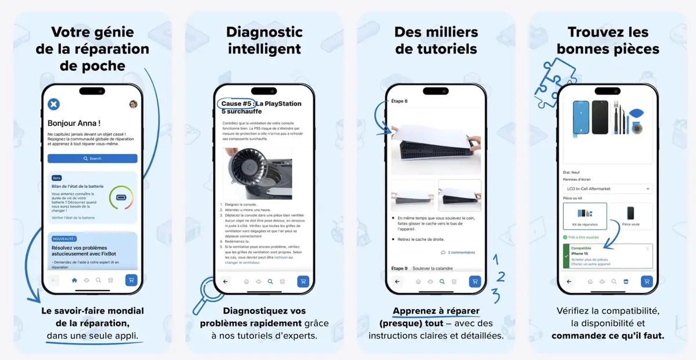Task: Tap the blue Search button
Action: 92,158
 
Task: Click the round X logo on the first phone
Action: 53,104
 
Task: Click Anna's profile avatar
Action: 133,104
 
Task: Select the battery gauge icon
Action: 121,198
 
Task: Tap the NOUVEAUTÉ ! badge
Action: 64,238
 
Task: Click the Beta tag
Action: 57,178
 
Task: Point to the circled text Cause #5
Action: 237,104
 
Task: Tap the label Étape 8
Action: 400,101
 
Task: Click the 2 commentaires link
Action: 458,252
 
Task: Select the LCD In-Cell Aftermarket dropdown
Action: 607,188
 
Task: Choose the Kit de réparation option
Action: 585,215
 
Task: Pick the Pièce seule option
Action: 630,215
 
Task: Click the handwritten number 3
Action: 496,296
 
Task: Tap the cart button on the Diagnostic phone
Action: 302,281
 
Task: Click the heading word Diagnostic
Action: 264,32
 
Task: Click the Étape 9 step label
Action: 400,268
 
